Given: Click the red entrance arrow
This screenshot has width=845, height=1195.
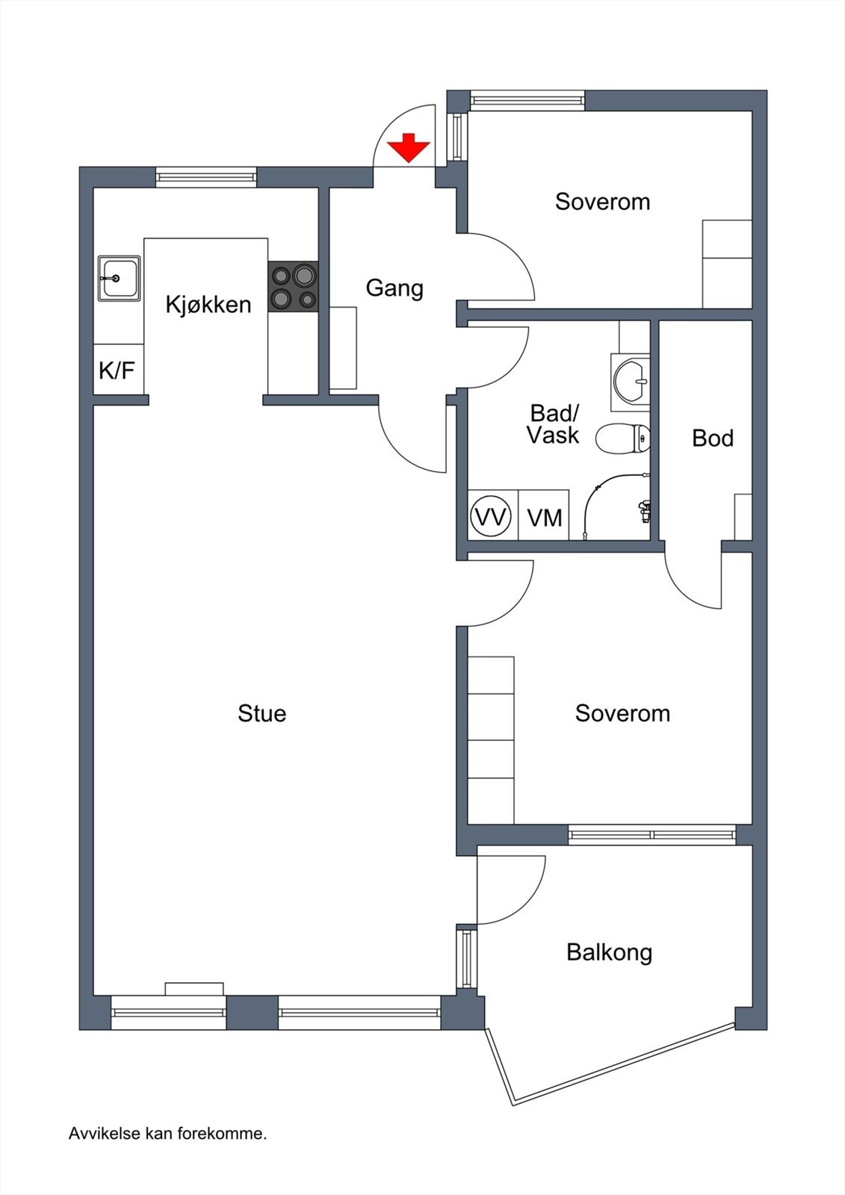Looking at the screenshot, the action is click(x=409, y=148).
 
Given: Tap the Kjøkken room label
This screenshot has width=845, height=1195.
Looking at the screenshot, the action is click(x=208, y=305).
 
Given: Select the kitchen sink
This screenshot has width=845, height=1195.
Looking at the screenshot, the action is click(x=119, y=278).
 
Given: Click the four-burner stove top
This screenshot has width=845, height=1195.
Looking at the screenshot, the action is click(x=293, y=286).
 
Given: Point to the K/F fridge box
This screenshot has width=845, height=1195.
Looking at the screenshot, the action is click(x=117, y=370).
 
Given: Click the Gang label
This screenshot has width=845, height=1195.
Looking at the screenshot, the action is click(x=394, y=288).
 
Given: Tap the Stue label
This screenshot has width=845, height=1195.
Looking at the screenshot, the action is click(x=261, y=714).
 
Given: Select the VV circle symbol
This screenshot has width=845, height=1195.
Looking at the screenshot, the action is click(x=491, y=516).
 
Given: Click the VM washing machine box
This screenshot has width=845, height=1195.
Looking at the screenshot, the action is click(x=544, y=515).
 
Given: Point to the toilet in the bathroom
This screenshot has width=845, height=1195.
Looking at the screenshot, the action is click(x=622, y=438).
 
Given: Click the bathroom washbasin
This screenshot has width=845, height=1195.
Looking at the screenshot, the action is click(x=631, y=382).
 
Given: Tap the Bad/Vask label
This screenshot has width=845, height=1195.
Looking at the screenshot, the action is click(x=554, y=424).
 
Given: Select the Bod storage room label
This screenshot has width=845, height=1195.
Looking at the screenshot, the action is click(x=713, y=438).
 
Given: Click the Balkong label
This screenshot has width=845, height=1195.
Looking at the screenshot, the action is click(x=609, y=953).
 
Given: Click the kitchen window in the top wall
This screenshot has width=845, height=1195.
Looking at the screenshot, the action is click(x=206, y=177).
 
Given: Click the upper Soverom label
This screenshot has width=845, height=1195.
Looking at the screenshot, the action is click(x=602, y=202).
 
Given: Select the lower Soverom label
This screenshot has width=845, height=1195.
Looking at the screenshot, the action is click(x=622, y=714).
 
